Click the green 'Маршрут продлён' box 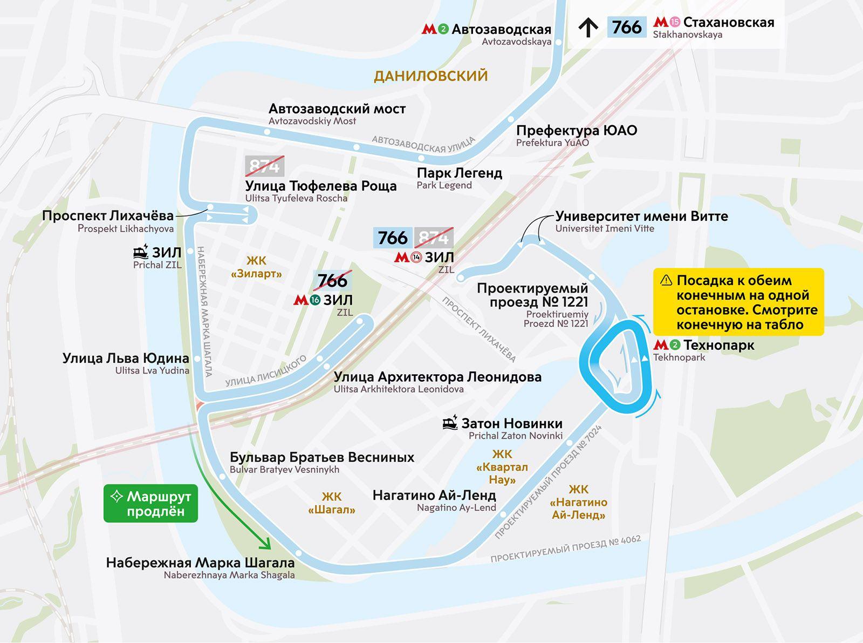150,503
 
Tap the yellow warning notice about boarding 738,302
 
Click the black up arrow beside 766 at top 588,27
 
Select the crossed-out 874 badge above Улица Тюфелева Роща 264,166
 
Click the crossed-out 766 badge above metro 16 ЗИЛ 332,281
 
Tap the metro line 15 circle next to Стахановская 675,22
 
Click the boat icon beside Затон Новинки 450,423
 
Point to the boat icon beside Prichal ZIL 141,252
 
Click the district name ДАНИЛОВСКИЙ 430,76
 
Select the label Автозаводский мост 337,109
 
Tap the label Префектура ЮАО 576,130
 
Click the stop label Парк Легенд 459,173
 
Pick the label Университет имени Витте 641,216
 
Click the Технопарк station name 718,344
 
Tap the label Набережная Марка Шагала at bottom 200,563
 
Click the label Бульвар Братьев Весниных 321,457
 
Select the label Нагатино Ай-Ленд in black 434,495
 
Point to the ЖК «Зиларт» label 256,267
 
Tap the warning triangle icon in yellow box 666,280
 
